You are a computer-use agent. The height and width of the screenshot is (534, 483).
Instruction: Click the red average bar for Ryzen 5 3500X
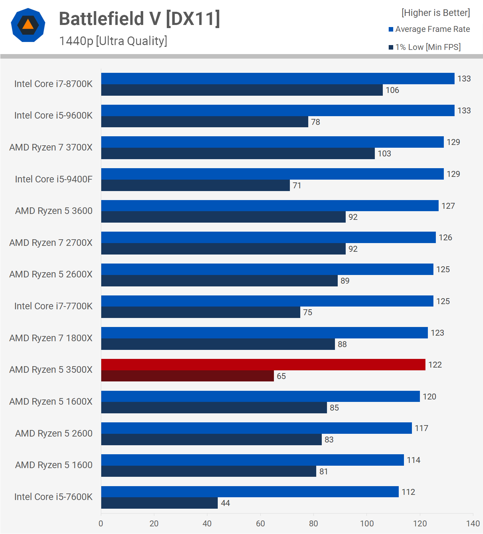(x=263, y=364)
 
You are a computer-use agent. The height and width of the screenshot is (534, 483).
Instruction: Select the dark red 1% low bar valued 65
(x=187, y=376)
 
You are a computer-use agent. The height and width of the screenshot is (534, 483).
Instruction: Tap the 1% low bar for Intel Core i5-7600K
(x=159, y=503)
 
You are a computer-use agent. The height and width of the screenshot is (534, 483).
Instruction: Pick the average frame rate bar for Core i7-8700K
(x=277, y=78)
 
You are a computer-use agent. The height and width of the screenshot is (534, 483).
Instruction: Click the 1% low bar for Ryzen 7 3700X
(x=238, y=153)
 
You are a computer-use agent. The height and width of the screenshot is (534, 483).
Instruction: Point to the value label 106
(x=392, y=90)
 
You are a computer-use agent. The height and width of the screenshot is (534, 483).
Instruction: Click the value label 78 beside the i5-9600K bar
(x=315, y=122)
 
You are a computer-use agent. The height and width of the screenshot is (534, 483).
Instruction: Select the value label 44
(x=225, y=503)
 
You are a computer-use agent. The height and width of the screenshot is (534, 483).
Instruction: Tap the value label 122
(x=435, y=365)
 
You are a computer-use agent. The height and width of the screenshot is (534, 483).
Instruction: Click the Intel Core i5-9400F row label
(x=54, y=179)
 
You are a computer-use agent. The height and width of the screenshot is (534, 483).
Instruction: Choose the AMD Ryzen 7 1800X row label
(x=51, y=338)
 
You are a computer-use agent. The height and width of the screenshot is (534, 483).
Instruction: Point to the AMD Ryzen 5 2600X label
(x=51, y=274)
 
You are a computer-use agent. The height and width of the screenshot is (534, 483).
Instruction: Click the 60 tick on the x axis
(x=260, y=524)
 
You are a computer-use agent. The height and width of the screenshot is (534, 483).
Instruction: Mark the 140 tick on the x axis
(x=473, y=524)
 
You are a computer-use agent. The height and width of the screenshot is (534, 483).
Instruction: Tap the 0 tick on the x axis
(x=101, y=524)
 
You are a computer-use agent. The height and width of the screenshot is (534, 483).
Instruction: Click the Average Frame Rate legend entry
(x=429, y=29)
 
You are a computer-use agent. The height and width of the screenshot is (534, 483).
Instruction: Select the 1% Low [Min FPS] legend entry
(x=425, y=47)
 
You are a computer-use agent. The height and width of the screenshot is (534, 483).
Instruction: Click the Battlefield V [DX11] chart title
(x=139, y=19)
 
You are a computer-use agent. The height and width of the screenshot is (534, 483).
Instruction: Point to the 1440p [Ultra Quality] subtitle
(x=113, y=41)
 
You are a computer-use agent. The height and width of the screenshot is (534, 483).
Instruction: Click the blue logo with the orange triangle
(x=28, y=25)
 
